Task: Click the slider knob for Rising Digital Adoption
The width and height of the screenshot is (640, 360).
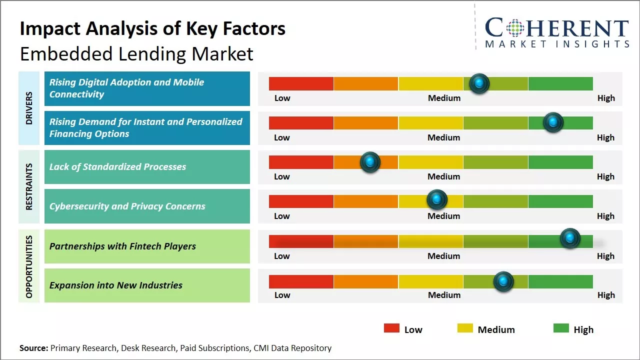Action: click(479, 83)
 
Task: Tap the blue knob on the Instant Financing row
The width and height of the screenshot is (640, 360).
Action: click(553, 122)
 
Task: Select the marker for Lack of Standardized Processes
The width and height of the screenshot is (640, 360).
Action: click(370, 162)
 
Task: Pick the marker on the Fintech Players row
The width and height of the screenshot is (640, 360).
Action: click(569, 238)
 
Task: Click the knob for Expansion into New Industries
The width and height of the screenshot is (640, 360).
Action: click(503, 281)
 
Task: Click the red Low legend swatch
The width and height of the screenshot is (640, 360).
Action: click(391, 328)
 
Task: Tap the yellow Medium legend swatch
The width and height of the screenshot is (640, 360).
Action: click(465, 328)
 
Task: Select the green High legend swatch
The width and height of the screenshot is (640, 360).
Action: click(561, 328)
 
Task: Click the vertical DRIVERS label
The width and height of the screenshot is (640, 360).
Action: click(28, 107)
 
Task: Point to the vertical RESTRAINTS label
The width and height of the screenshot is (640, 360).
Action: click(28, 186)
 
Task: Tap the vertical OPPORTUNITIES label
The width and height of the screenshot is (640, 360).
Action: click(28, 266)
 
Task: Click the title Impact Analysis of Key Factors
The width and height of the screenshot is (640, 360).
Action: click(152, 29)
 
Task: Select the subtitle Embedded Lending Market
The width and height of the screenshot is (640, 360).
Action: click(136, 53)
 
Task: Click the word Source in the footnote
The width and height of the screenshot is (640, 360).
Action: click(34, 348)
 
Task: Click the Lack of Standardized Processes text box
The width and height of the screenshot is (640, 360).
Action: click(147, 167)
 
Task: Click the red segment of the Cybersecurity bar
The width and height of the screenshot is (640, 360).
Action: click(301, 201)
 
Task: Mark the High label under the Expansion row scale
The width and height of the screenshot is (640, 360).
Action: click(606, 295)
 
